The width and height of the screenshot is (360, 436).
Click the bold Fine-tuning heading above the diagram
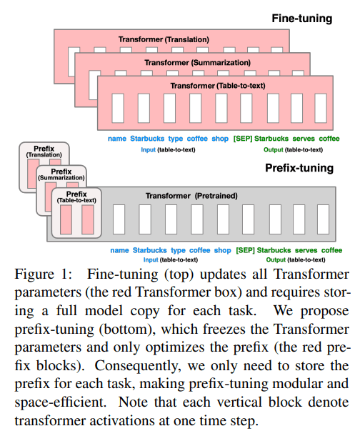coord(302,18)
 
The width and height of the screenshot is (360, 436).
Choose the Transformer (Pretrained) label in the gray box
coord(191,195)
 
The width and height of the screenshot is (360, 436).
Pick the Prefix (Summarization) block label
coord(59,173)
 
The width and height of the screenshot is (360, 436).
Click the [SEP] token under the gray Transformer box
coord(244,250)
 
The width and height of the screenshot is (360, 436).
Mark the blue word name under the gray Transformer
coord(120,250)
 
